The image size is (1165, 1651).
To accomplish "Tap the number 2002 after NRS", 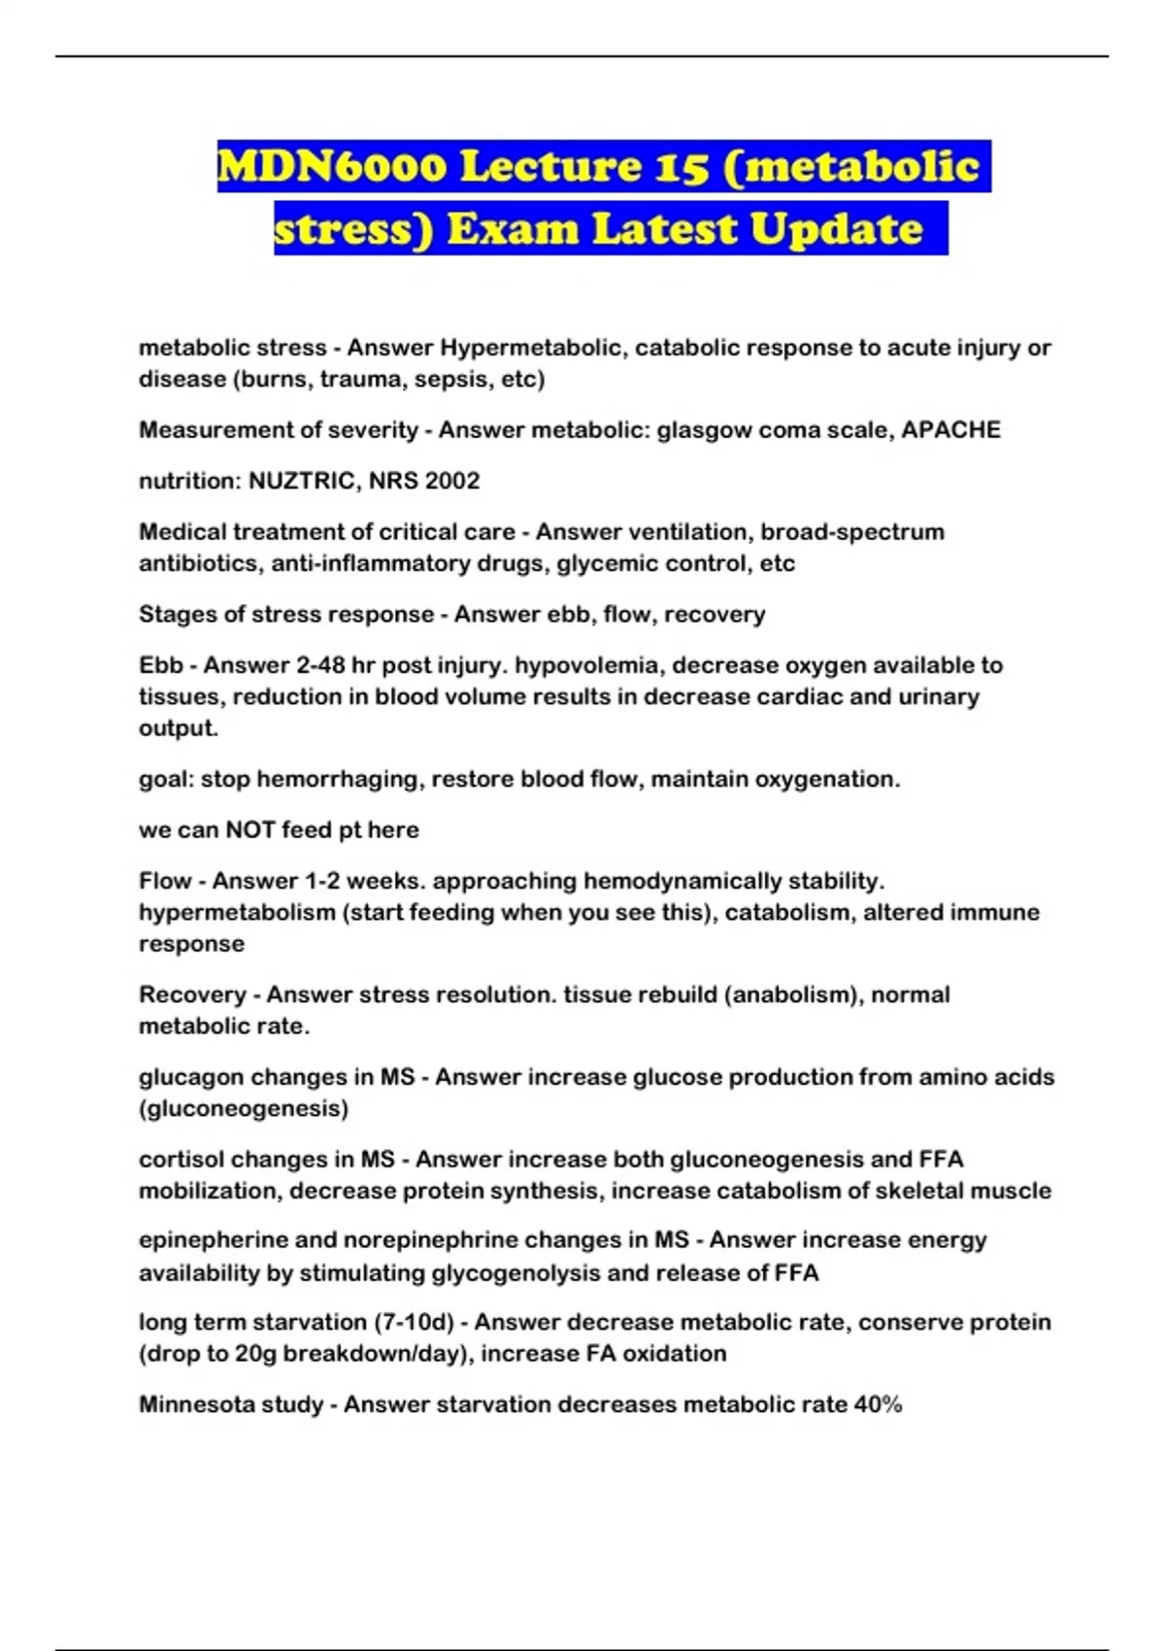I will pyautogui.click(x=450, y=481).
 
